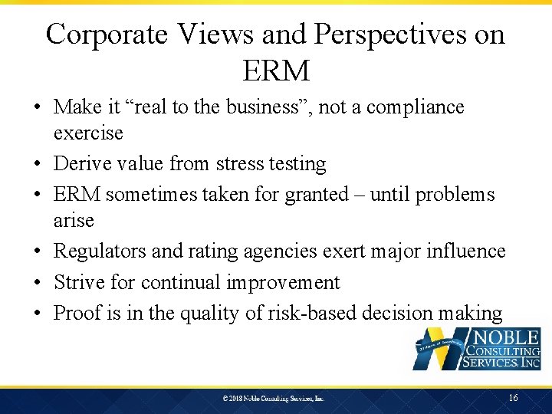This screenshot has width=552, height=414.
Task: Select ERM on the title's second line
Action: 276,71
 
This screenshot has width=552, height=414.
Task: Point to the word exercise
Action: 88,133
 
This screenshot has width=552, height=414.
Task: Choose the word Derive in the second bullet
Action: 81,164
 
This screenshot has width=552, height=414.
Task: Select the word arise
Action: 74,221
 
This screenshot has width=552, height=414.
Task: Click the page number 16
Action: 513,398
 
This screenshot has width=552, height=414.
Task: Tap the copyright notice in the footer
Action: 274,399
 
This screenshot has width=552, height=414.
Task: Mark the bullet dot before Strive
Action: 38,283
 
